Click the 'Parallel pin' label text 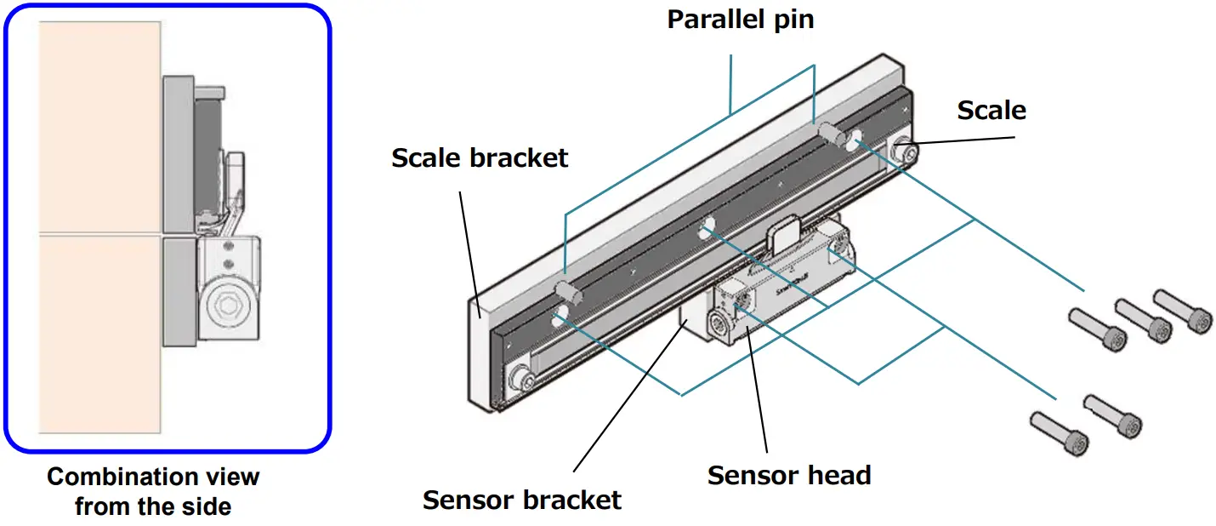[740, 19]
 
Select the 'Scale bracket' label [480, 157]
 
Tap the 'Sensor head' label [788, 475]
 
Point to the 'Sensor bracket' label [521, 500]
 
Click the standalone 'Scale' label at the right [991, 110]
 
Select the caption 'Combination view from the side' [153, 491]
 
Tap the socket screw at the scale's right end [905, 152]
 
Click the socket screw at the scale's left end [521, 378]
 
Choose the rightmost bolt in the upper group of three [1181, 311]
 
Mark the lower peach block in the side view [99, 334]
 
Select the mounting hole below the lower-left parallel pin [559, 317]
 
